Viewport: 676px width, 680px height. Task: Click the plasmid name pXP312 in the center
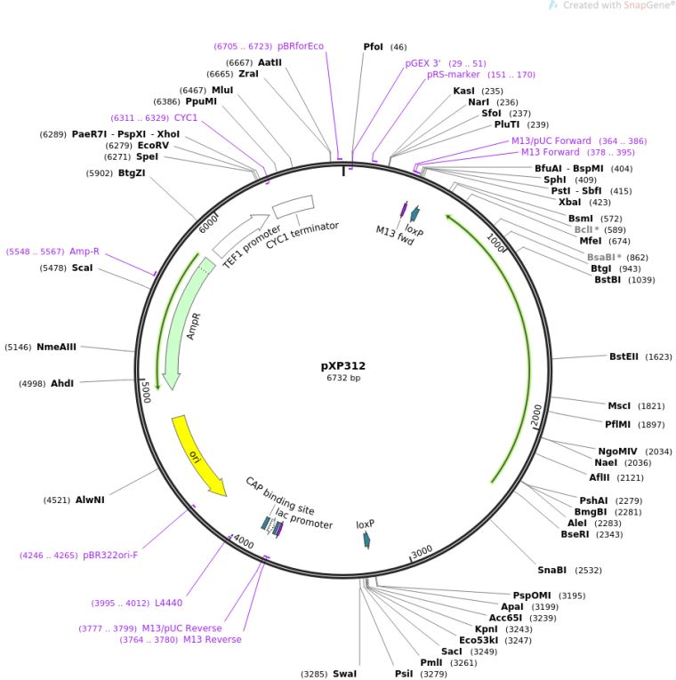pos(342,365)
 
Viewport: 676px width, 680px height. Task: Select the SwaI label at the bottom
pos(344,674)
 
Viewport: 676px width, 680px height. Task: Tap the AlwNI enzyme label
pos(90,500)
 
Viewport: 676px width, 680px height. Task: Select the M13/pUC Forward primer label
pos(551,140)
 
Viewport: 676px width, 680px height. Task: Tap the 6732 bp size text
pos(343,379)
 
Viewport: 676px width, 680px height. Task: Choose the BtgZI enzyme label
pos(132,174)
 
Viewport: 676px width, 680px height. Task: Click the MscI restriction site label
pos(618,405)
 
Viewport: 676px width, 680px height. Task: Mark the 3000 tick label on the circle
pos(422,552)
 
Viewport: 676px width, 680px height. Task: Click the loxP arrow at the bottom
pos(366,540)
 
